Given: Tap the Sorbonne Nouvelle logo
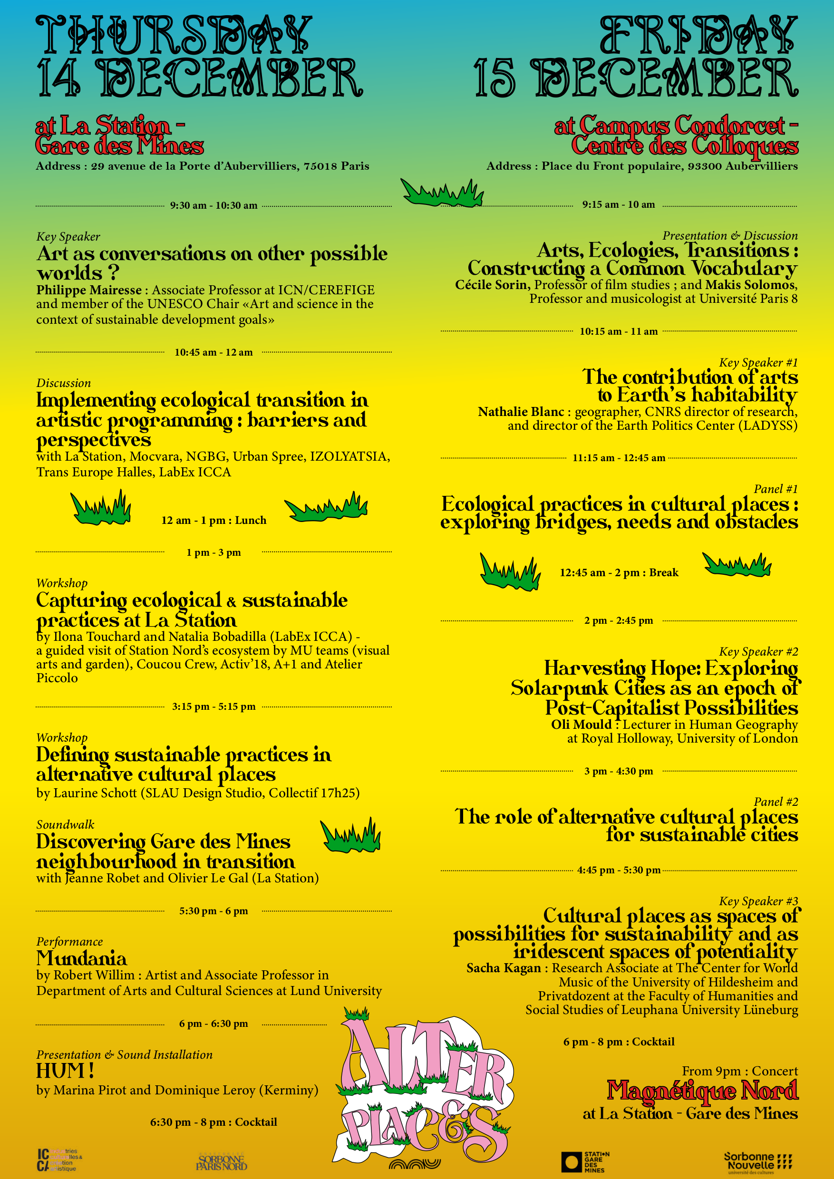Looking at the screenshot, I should click(x=757, y=1161).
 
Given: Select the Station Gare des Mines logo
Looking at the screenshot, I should click(x=585, y=1161).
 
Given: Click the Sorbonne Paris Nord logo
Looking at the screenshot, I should click(x=222, y=1161).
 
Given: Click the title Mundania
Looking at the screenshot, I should click(x=81, y=958).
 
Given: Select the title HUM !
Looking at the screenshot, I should click(x=65, y=1071).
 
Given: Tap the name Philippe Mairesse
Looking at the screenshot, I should click(x=89, y=290).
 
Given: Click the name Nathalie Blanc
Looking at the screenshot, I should click(x=521, y=412).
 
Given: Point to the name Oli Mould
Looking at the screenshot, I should click(x=581, y=725).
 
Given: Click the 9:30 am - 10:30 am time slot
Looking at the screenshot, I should click(x=213, y=205).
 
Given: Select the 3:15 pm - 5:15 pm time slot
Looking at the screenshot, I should click(x=213, y=706).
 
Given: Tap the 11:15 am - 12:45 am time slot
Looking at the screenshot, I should click(x=619, y=457).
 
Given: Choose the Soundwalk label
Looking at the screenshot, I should click(x=65, y=825).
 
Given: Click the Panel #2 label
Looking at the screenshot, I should click(x=776, y=802).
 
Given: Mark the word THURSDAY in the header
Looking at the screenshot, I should click(x=174, y=35).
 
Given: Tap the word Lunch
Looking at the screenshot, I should click(x=251, y=520).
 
